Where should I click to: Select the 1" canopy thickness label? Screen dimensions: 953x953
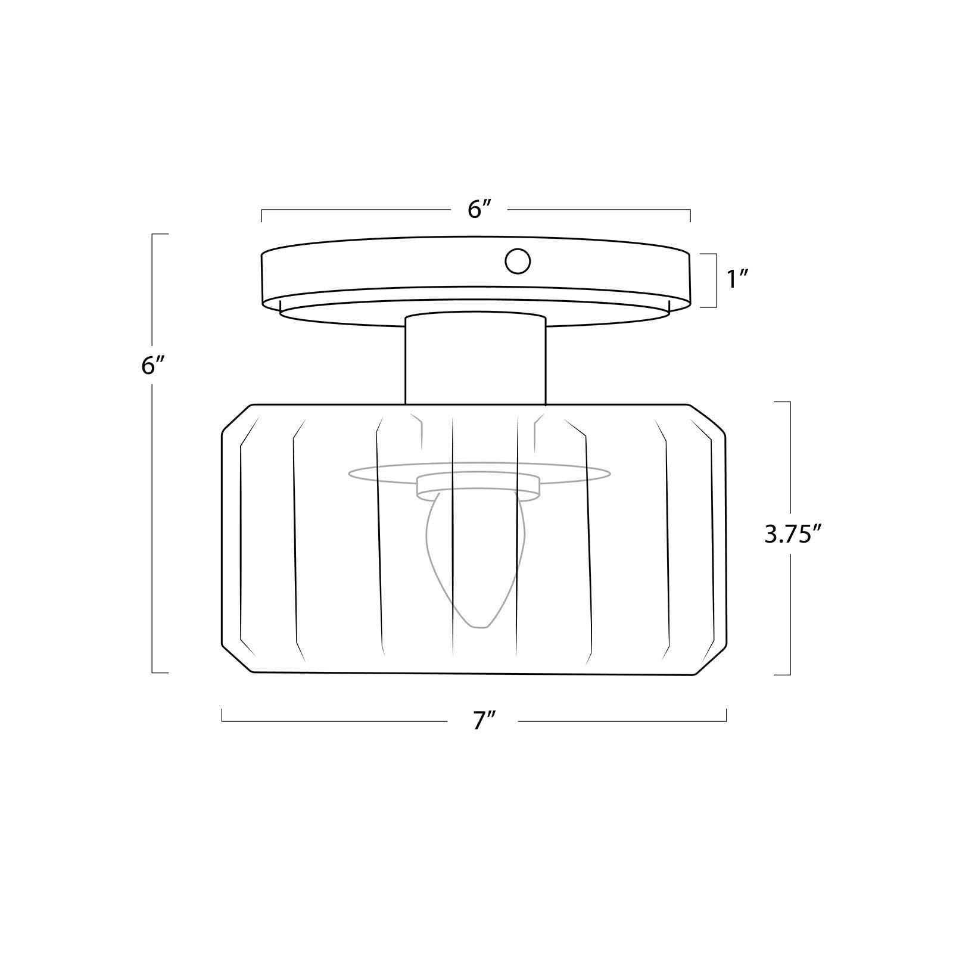[737, 279]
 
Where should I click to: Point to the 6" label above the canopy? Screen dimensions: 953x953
[479, 209]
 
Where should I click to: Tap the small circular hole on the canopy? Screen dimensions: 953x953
[518, 261]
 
